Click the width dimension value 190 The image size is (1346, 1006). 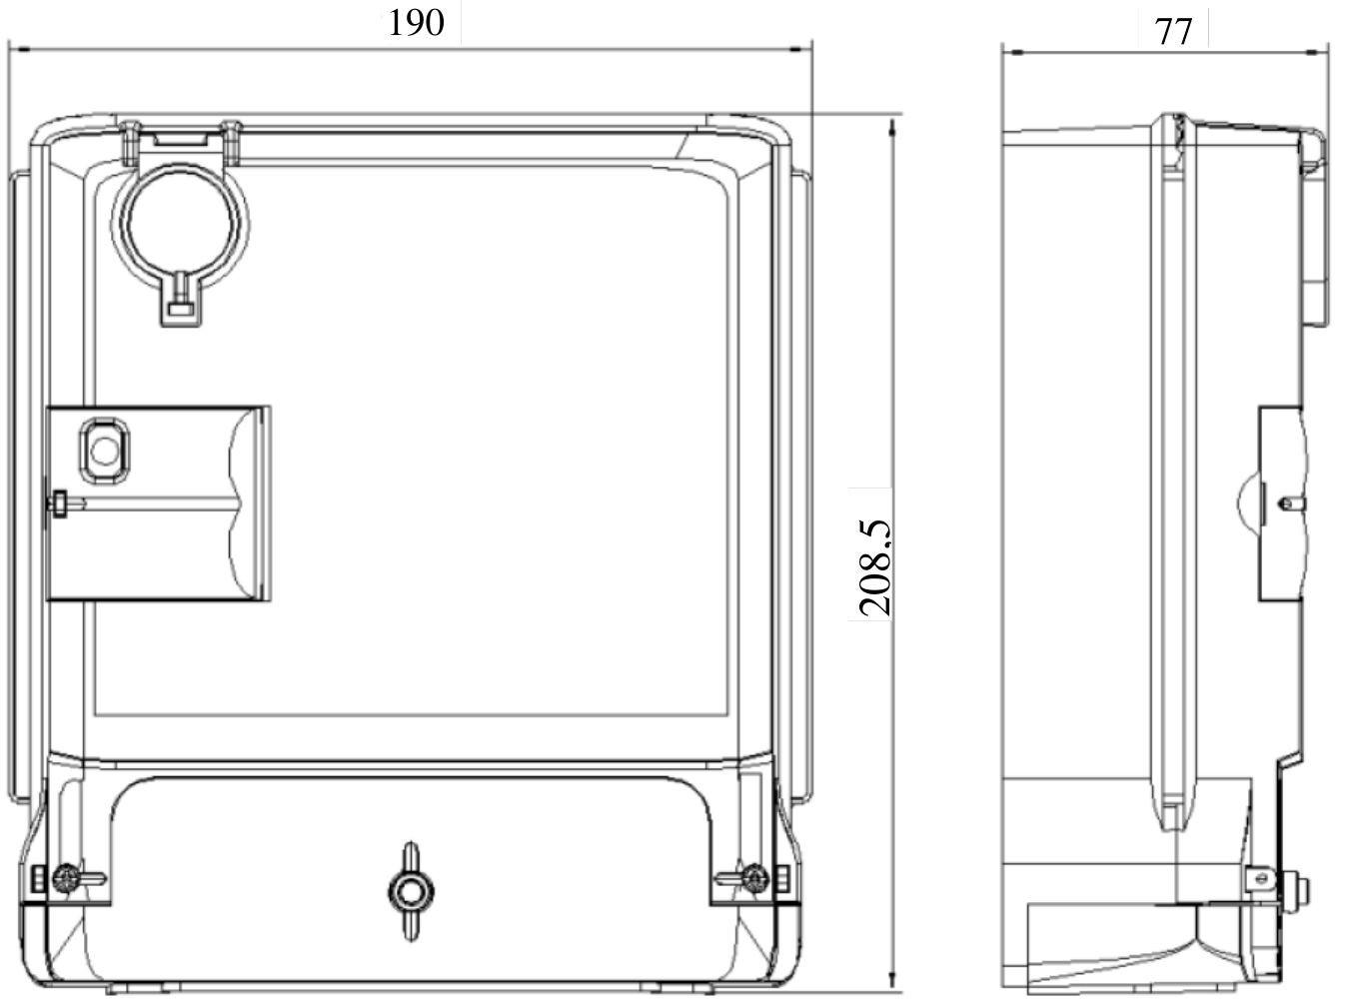coord(417,23)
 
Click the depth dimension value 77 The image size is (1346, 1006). coord(1173,31)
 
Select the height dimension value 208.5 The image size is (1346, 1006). coord(874,567)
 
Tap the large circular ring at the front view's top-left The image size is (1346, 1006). coord(180,225)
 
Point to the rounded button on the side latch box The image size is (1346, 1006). coord(104,451)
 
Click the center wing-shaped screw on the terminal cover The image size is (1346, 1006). coord(411,891)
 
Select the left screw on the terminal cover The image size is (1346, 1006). coord(66,878)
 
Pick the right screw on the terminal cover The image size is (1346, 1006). coord(754,878)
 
